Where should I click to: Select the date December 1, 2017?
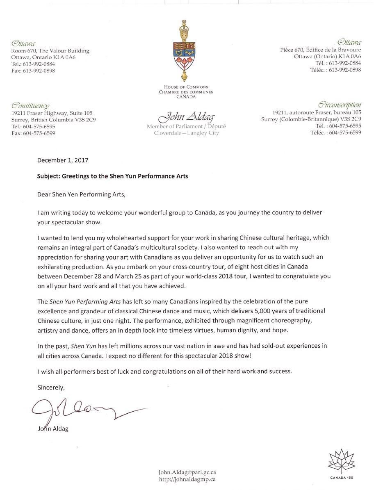[x=63, y=160]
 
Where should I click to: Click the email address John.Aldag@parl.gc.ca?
[x=187, y=472]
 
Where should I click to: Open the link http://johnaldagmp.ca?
[x=187, y=479]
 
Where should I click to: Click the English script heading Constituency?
[x=31, y=106]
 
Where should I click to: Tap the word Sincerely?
[x=51, y=387]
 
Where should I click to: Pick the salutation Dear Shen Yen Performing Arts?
[x=81, y=194]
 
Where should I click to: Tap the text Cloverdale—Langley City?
[x=186, y=133]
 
